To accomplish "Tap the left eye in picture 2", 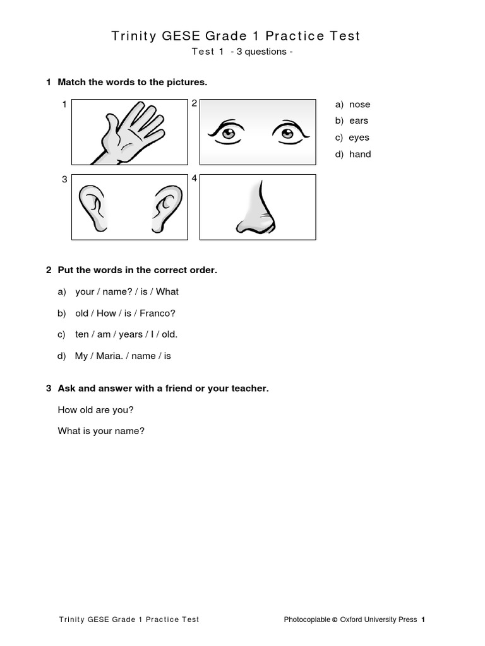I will tap(227, 132).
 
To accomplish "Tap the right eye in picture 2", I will tap(288, 132).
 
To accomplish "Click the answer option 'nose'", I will tap(359, 105).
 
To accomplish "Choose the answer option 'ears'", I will tap(358, 121).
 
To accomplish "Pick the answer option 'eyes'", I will tap(359, 138).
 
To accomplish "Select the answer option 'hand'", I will tap(360, 154).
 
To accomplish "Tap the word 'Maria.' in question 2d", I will tap(111, 356).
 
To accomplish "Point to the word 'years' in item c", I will tap(131, 334).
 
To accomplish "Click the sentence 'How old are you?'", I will tap(95, 410).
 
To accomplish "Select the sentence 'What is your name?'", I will tap(101, 432).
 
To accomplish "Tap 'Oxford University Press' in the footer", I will tap(378, 620).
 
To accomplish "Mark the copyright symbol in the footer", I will tap(335, 620).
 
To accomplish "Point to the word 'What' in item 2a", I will tap(167, 291).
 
